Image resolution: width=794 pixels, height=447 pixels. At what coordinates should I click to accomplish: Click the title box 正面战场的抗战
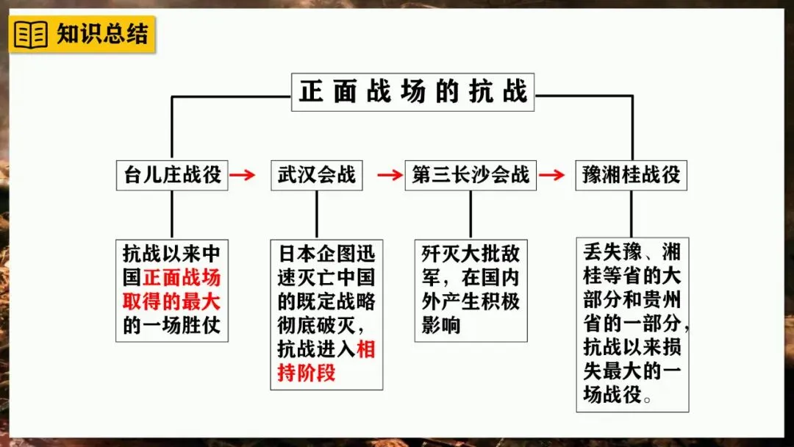point(413,92)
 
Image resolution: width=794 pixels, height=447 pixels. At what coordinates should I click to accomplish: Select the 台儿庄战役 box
point(172,175)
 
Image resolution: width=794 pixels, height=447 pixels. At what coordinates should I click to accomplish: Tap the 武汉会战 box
point(316,175)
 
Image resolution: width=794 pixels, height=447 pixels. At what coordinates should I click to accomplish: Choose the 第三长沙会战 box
point(471,175)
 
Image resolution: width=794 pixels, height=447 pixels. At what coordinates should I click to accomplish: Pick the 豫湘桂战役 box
point(631,175)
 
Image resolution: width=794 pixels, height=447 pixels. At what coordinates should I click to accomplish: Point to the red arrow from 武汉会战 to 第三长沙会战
point(390,175)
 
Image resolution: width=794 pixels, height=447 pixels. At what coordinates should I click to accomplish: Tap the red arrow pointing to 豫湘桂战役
point(551,175)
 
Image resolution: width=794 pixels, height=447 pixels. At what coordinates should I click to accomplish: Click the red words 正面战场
point(182,278)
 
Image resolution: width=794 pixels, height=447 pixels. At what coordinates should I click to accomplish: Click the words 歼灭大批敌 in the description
point(471,254)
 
